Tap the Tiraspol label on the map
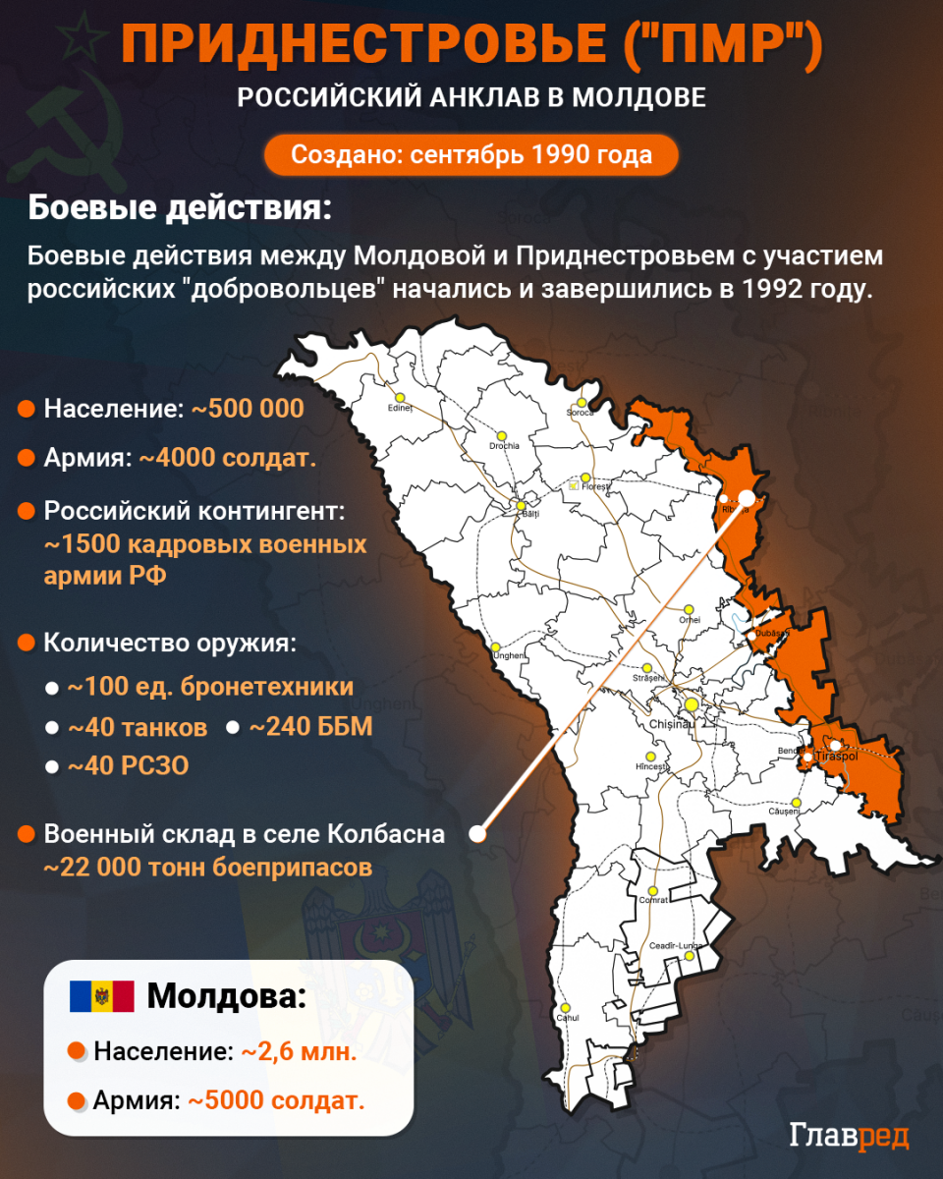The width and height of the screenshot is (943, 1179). pyautogui.click(x=837, y=757)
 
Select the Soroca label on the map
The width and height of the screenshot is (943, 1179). pyautogui.click(x=581, y=413)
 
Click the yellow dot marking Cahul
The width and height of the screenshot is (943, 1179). pyautogui.click(x=565, y=1007)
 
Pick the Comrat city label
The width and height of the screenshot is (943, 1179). pyautogui.click(x=653, y=900)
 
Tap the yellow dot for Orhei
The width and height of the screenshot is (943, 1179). pyautogui.click(x=690, y=609)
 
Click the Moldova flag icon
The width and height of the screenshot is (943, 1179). pyautogui.click(x=101, y=996)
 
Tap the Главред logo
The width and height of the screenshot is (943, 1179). pyautogui.click(x=850, y=1135)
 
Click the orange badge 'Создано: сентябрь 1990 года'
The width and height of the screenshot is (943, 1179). pyautogui.click(x=471, y=154)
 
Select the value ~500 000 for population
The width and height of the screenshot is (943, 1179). pyautogui.click(x=248, y=409)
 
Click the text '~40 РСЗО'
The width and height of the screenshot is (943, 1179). pyautogui.click(x=128, y=765)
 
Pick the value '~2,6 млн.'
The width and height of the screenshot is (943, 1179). pyautogui.click(x=299, y=1050)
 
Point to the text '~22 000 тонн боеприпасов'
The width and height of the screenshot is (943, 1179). pyautogui.click(x=208, y=868)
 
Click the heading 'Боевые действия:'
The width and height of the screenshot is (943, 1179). pyautogui.click(x=179, y=209)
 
